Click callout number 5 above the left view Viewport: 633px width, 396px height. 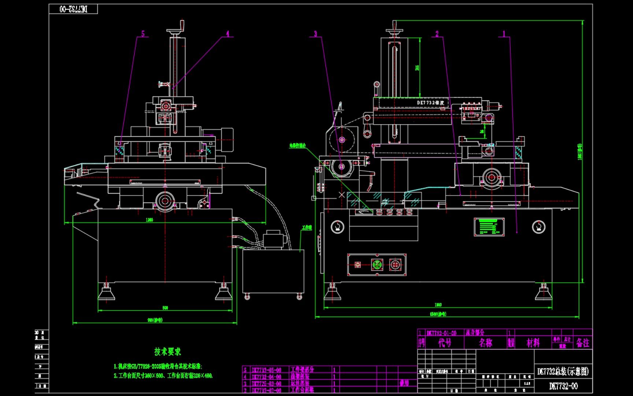point(143,34)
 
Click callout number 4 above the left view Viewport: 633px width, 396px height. point(227,34)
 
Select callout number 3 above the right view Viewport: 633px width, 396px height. point(315,34)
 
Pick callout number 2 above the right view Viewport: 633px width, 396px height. point(437,34)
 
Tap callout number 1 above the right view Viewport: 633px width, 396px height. point(504,34)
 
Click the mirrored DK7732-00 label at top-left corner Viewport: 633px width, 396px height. point(73,9)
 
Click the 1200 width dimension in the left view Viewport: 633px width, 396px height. point(149,220)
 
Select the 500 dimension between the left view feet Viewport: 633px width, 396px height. point(165,308)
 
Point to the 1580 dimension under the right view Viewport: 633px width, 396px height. point(438,314)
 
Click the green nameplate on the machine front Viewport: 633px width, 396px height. point(489,227)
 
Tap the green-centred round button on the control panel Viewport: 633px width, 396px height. point(377,264)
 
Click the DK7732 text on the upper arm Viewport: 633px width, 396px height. point(430,103)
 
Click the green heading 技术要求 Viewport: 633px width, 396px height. point(168,352)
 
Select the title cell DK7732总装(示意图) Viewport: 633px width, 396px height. point(563,371)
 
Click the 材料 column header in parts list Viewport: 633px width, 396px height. point(533,343)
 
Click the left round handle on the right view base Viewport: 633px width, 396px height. point(337,227)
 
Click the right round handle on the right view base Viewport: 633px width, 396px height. point(538,227)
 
